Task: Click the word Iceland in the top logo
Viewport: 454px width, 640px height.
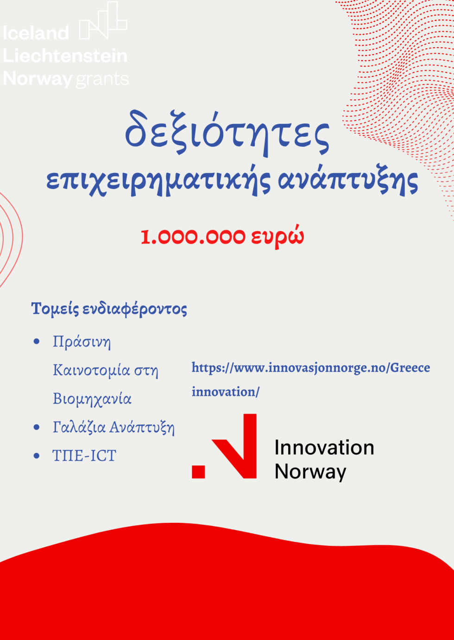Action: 36,32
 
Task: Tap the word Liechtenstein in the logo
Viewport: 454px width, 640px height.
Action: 65,56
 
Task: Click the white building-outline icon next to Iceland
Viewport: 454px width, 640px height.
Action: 103,20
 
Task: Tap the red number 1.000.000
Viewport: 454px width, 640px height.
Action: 193,236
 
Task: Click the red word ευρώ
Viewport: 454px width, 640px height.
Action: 277,236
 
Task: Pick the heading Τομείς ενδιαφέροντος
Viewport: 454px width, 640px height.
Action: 109,309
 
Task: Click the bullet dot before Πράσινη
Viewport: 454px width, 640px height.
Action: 36,341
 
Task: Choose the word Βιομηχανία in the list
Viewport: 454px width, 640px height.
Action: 92,399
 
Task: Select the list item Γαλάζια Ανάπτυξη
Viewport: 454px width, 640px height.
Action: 113,427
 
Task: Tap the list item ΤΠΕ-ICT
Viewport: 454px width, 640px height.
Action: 84,456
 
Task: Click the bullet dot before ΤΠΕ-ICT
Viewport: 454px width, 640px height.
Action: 36,456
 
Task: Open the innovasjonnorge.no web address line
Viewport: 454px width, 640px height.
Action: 311,368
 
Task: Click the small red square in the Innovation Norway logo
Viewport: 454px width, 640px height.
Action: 198,472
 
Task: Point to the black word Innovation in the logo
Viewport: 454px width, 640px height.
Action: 324,448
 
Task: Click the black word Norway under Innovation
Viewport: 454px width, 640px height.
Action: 310,472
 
